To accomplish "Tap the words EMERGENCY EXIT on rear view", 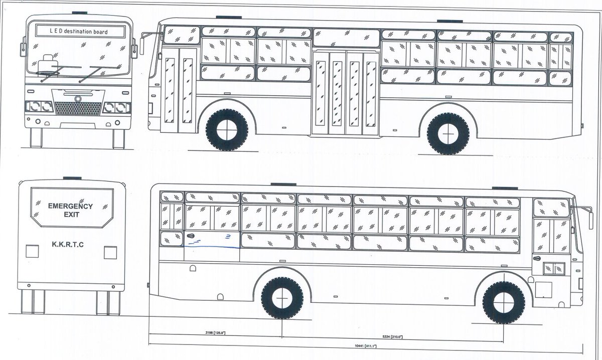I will pyautogui.click(x=70, y=210).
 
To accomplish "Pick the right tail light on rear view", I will pyautogui.click(x=110, y=252).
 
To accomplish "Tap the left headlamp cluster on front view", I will pyautogui.click(x=39, y=107).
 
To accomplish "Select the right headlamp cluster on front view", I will pyautogui.click(x=116, y=107).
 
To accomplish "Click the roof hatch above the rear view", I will pyautogui.click(x=70, y=179).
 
